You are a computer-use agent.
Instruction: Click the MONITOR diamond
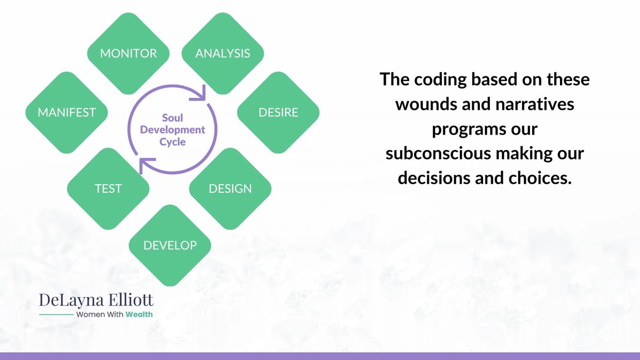pos(129,54)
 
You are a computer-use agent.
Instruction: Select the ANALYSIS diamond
pos(222,54)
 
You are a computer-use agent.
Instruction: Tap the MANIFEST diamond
pos(67,112)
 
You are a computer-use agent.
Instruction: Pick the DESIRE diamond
pos(278,112)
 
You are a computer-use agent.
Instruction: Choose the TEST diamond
pos(108,189)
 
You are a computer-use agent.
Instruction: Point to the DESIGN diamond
pos(230,189)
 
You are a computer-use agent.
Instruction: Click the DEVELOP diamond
pos(170,246)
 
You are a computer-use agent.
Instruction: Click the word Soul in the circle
pos(172,118)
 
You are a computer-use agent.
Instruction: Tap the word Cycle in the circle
pos(172,142)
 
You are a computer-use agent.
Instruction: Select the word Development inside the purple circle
pos(172,129)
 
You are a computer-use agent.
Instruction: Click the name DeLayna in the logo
pos(71,300)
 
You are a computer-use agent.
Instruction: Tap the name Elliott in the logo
pos(131,300)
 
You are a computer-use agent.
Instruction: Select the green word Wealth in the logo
pos(139,314)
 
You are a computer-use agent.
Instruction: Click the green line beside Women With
pos(56,315)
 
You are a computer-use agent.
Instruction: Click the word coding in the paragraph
pos(440,80)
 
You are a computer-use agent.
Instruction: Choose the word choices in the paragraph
pos(540,178)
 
